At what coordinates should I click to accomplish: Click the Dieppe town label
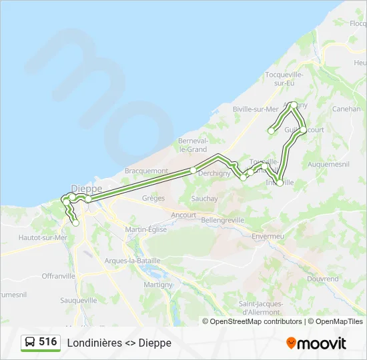pos(87,189)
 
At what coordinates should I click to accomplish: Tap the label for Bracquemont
pos(146,171)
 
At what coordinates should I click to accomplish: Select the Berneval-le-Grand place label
pos(193,145)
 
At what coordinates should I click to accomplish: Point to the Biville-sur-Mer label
pos(255,109)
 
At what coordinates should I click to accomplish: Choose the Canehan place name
pos(346,109)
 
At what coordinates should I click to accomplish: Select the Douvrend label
pos(323,279)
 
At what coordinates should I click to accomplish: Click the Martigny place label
pos(158,285)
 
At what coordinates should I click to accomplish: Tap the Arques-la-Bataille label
pos(133,261)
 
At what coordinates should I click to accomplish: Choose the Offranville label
pos(59,275)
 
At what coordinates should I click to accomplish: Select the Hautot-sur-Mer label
pos(43,237)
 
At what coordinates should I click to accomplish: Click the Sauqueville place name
pos(79,300)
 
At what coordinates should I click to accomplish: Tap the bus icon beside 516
pos(30,343)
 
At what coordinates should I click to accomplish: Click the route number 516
pos(48,342)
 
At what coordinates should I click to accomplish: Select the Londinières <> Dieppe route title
pos(119,343)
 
